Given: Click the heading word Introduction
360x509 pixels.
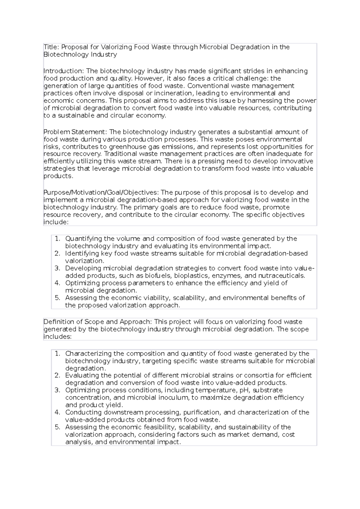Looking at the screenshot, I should click(64, 71).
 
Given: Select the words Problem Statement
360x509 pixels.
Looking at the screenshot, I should click(75, 132).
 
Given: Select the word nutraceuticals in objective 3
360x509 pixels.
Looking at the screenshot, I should click(281, 276).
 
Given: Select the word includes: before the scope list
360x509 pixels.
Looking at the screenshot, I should click(57, 337).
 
